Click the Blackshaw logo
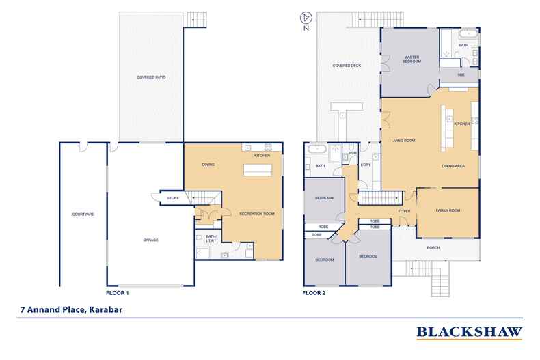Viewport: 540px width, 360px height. (x=469, y=333)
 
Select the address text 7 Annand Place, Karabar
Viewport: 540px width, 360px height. (x=66, y=308)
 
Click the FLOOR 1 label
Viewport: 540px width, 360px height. (x=118, y=292)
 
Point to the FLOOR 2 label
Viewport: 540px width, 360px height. (x=314, y=292)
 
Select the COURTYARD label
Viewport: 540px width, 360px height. (x=83, y=214)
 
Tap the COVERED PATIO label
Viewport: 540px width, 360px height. (x=151, y=77)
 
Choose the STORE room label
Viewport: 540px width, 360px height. (x=173, y=199)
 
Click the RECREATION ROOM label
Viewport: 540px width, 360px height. (x=256, y=214)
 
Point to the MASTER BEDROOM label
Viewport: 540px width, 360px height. (x=411, y=59)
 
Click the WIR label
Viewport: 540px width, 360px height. (x=461, y=74)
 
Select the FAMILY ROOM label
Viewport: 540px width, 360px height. (x=448, y=210)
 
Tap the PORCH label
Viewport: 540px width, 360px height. (x=433, y=247)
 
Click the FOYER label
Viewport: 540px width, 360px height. (x=404, y=211)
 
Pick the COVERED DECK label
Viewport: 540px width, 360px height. (x=347, y=66)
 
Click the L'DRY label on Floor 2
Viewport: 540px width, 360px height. (x=365, y=165)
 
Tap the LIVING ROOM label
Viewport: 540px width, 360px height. (x=403, y=141)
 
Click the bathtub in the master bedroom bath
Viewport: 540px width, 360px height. (x=469, y=32)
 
